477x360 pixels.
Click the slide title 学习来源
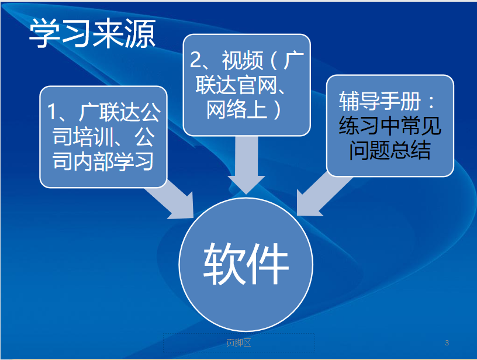92,33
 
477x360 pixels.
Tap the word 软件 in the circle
246,264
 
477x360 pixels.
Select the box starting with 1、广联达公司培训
103,137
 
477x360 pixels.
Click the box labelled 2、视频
247,85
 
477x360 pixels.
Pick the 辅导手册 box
390,126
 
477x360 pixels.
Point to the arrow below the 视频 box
247,165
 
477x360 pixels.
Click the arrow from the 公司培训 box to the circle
172,200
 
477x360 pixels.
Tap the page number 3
447,342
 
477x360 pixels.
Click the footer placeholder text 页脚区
238,342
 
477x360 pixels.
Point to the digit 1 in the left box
51,112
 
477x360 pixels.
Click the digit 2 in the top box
195,60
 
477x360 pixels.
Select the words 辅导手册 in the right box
379,101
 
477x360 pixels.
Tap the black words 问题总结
390,150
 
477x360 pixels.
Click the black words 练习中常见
390,125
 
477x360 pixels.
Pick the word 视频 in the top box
243,60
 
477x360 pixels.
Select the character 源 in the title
140,33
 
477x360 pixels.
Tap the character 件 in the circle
268,264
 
